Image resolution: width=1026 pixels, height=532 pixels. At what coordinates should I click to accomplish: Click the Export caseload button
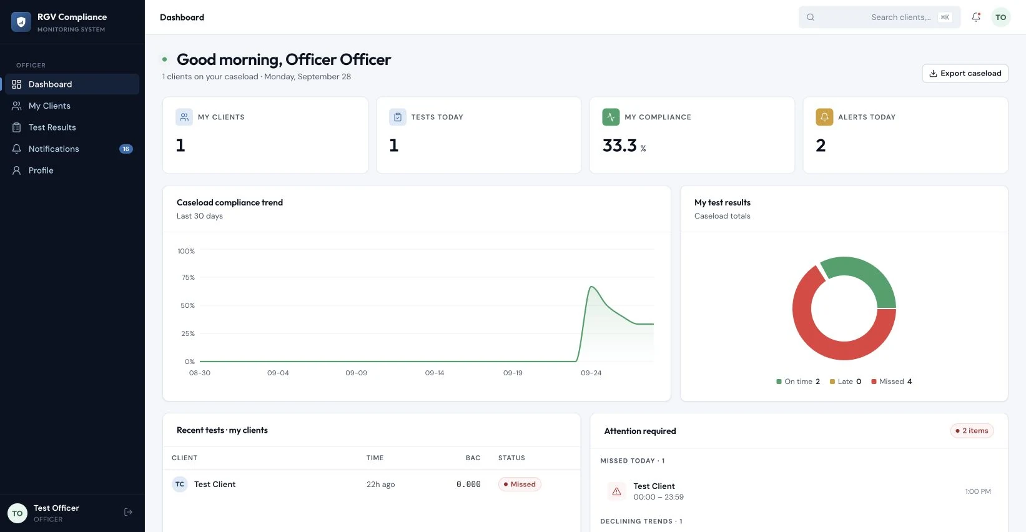(965, 73)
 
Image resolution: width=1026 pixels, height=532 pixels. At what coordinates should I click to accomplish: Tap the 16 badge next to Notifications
(126, 149)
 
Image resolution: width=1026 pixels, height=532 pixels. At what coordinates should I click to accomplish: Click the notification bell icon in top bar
(976, 17)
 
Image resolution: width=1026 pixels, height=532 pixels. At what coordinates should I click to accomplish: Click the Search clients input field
(879, 17)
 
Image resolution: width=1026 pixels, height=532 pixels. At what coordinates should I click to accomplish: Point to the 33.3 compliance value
(619, 145)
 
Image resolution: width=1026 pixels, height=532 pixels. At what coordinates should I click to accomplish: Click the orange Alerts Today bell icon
(824, 117)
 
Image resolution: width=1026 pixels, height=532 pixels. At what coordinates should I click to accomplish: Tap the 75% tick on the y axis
(188, 277)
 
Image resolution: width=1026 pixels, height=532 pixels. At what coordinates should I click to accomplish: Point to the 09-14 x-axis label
(434, 373)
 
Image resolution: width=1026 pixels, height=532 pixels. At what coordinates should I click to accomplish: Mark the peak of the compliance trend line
(591, 287)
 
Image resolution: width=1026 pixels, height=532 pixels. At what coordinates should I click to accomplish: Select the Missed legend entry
(891, 382)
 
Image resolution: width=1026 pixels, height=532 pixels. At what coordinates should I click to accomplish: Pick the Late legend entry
(845, 382)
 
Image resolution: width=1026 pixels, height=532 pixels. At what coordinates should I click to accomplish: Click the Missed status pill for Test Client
(520, 484)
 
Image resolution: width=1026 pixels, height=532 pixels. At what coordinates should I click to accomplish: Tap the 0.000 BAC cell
(468, 484)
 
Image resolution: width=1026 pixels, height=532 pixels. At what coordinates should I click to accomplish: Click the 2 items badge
(972, 430)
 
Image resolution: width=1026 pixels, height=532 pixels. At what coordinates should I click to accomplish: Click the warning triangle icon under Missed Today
(616, 491)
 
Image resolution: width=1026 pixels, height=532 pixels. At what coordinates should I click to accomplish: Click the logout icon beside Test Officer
(128, 512)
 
